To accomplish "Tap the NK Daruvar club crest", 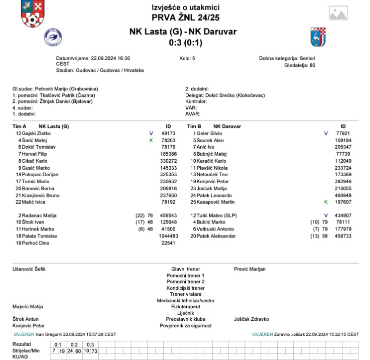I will point(318,37).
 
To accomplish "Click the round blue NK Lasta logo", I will point(52,37).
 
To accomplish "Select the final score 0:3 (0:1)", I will point(185,42).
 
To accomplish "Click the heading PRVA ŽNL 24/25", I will point(185,18).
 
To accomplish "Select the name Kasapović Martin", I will point(218,201).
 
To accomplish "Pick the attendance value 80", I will point(312,65).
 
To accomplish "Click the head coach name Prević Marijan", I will point(250,269).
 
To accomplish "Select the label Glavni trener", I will point(185,269).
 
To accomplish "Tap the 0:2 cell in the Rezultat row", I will point(74,344).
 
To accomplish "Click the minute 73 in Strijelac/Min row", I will point(94,350).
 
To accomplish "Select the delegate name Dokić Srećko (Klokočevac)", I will point(235,95).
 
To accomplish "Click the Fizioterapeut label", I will point(185,306).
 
